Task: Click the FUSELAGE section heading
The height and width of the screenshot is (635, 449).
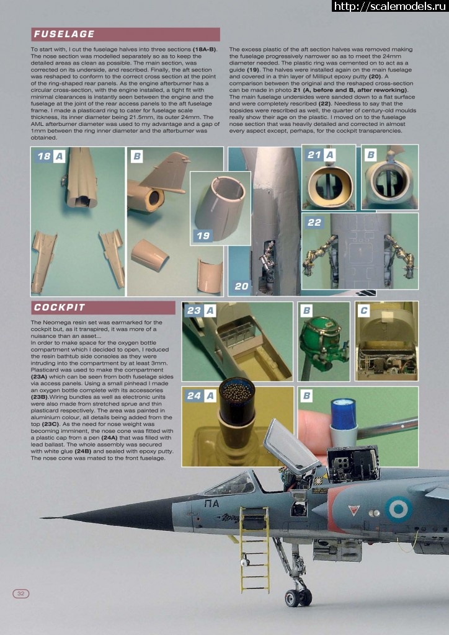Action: click(64, 34)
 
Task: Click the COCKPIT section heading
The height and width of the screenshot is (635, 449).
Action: click(60, 308)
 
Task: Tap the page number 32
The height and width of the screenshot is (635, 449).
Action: click(20, 593)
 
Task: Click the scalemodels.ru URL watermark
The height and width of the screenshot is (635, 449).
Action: click(390, 6)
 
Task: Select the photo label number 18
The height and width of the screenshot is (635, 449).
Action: click(44, 158)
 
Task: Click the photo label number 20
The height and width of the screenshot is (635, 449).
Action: click(241, 286)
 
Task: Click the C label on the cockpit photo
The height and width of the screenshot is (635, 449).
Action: click(364, 310)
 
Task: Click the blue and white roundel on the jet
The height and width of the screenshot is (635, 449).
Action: click(398, 508)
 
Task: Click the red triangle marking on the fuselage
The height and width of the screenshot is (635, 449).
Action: click(353, 510)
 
